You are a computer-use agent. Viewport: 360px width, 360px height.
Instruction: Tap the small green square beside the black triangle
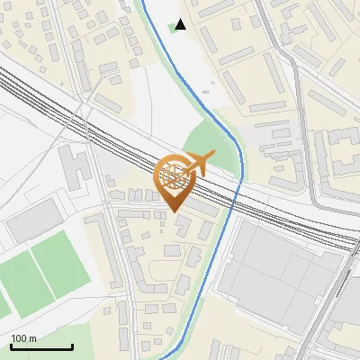click(x=172, y=28)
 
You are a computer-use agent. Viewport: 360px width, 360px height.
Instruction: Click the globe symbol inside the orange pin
click(x=175, y=173)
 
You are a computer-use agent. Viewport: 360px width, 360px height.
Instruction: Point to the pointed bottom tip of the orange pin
click(x=175, y=211)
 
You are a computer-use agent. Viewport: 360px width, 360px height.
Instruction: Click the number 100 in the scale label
click(x=19, y=338)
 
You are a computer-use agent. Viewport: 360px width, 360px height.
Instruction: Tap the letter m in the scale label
click(x=32, y=338)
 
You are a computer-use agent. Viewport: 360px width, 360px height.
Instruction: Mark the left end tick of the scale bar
click(x=10, y=346)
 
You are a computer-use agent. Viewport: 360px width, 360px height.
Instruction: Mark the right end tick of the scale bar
click(x=72, y=346)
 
